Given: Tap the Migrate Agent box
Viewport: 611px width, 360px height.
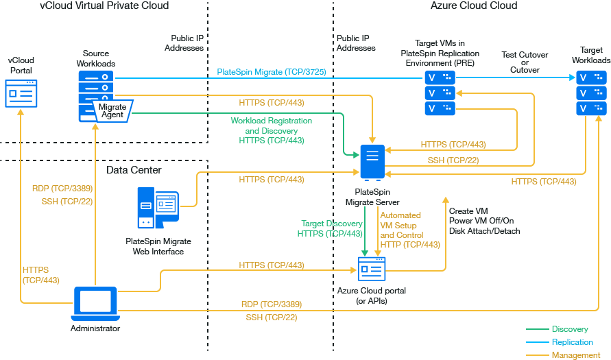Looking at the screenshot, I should (112, 110).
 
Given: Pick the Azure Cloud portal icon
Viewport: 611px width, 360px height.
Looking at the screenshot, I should (371, 269).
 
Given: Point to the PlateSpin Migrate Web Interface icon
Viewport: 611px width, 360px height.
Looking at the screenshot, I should (158, 209).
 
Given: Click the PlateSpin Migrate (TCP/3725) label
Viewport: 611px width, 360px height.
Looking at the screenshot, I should (271, 71).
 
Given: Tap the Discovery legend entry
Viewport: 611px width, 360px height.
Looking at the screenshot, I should (569, 330).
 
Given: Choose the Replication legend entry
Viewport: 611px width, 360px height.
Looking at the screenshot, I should (572, 342).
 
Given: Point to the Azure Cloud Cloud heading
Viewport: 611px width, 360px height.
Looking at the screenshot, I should (473, 5).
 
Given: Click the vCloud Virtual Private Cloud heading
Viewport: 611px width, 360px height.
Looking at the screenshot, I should (104, 5).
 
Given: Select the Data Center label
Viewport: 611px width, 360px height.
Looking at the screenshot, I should (134, 170).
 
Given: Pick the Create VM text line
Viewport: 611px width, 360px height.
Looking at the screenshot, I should (468, 211).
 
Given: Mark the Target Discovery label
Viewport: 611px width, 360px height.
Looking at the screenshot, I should (332, 224).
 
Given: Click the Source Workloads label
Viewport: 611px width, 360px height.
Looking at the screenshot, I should (96, 58).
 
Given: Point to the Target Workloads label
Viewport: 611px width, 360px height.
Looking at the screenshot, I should (591, 56).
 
